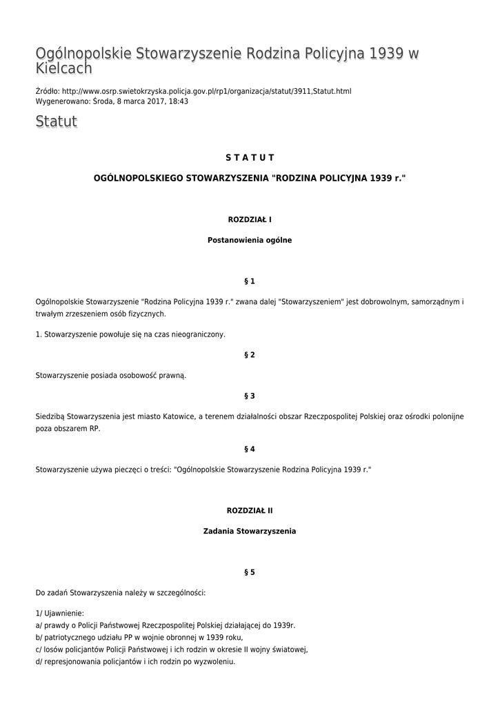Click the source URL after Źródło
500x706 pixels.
(x=206, y=91)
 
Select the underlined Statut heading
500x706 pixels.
(x=56, y=122)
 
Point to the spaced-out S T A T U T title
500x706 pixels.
(x=250, y=158)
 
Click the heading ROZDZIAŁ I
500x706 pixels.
(x=250, y=219)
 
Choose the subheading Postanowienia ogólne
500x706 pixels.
(x=250, y=240)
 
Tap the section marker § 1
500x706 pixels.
(x=250, y=281)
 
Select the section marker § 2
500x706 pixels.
(x=250, y=355)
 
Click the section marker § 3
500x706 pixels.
(x=250, y=396)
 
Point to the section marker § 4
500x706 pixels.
(x=250, y=449)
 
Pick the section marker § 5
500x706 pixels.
(x=250, y=572)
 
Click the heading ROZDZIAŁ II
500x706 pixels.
(x=250, y=510)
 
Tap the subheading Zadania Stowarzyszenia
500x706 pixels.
(x=250, y=531)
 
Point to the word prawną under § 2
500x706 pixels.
(x=172, y=376)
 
